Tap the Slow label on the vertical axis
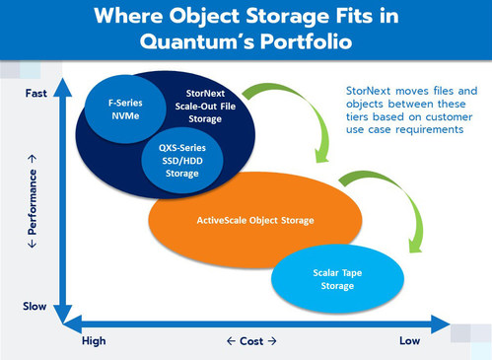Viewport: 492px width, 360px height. coord(34,306)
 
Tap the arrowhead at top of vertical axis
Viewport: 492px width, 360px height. coord(63,84)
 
